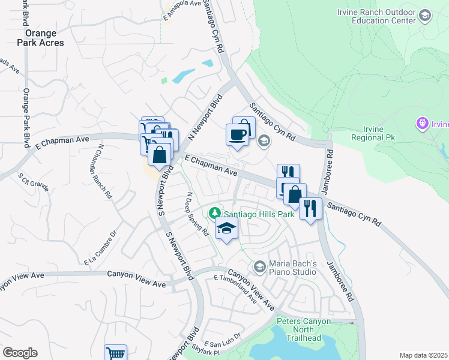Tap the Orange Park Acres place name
pos(37,38)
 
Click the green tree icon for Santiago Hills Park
pos(214,213)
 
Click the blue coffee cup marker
pos(237,133)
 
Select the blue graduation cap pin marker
pos(226,229)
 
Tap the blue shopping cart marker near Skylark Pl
pos(115,352)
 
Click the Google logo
pos(20,353)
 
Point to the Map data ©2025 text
pos(423,355)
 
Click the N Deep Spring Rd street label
pos(197,214)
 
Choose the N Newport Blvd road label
pos(205,117)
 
